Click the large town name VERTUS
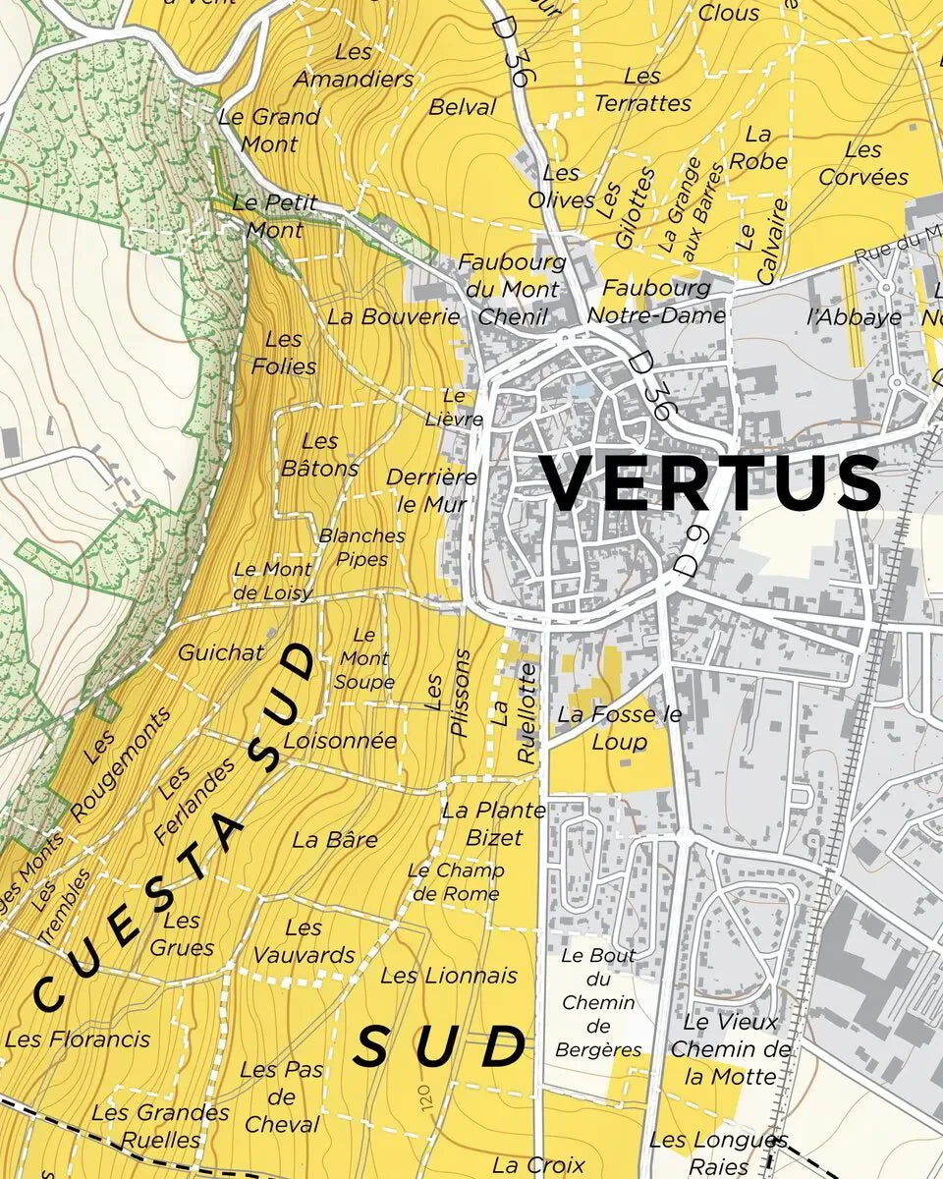tap(712, 483)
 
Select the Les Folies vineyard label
tap(284, 353)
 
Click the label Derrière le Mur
tap(431, 490)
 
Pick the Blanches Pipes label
tap(361, 547)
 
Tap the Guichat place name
tap(221, 652)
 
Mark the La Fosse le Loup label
tap(619, 727)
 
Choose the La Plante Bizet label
tap(493, 823)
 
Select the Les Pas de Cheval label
tap(281, 1096)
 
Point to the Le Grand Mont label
tap(269, 130)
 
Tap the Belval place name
tap(463, 107)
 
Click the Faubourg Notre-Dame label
tap(655, 301)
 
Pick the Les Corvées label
tap(863, 163)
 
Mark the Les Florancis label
tap(78, 1039)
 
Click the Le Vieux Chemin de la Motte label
tap(730, 1049)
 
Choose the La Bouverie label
tap(393, 316)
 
